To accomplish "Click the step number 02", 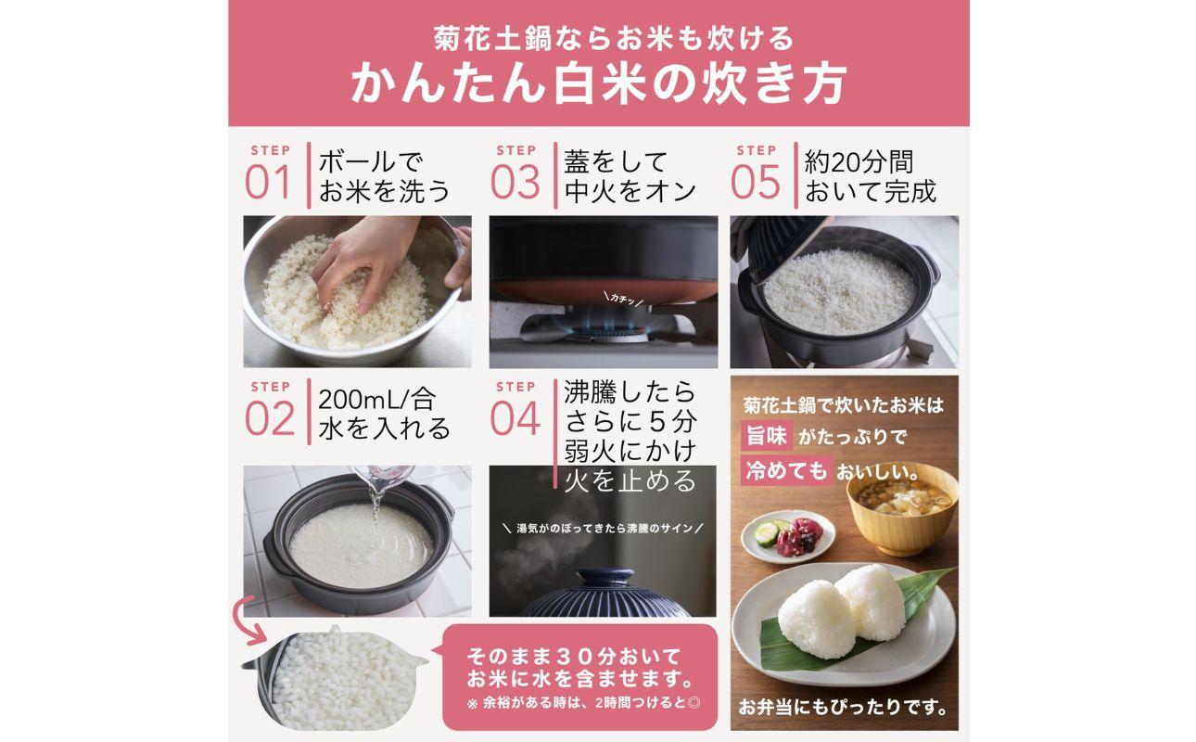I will (268, 418).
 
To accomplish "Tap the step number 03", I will (515, 183).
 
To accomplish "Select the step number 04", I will (515, 418).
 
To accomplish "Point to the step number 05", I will (756, 183).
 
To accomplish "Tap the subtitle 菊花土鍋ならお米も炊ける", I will (598, 39).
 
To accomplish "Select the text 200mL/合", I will (375, 400).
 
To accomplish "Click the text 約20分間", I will (859, 162).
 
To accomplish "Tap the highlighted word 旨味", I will (766, 436).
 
